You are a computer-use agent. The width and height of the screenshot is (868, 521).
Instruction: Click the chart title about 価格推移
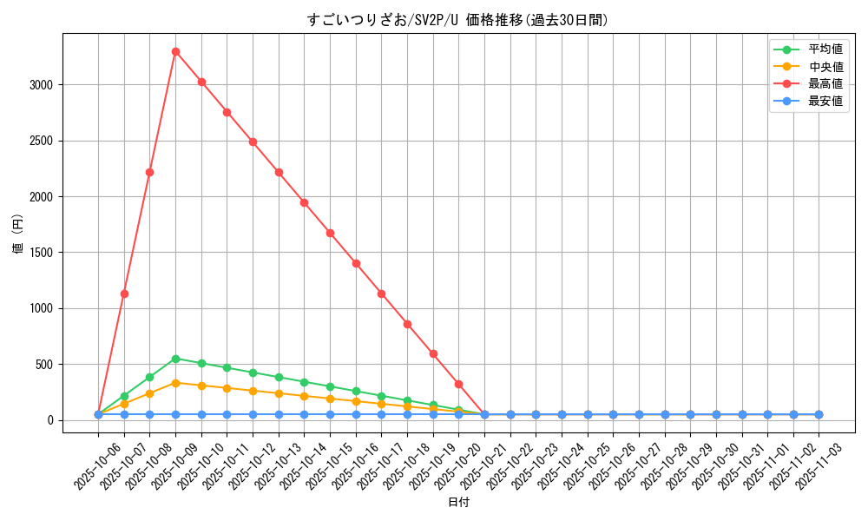tap(457, 20)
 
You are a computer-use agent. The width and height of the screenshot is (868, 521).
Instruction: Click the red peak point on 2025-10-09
tap(175, 51)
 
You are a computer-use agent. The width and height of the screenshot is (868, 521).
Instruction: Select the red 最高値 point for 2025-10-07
tap(124, 293)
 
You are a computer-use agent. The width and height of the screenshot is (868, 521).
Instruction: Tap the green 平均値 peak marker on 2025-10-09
tap(175, 359)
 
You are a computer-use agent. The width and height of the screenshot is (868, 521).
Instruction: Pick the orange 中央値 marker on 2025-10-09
tap(175, 383)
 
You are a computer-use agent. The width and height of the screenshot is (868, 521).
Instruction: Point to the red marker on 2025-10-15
tap(330, 233)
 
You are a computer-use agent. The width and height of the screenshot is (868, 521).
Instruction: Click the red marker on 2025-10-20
tap(458, 384)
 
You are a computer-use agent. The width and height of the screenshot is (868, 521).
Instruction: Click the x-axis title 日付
tap(458, 503)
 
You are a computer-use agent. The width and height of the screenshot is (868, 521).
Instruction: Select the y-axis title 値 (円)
tap(17, 234)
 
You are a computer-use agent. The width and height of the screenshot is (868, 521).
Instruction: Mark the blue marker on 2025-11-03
tap(819, 415)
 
